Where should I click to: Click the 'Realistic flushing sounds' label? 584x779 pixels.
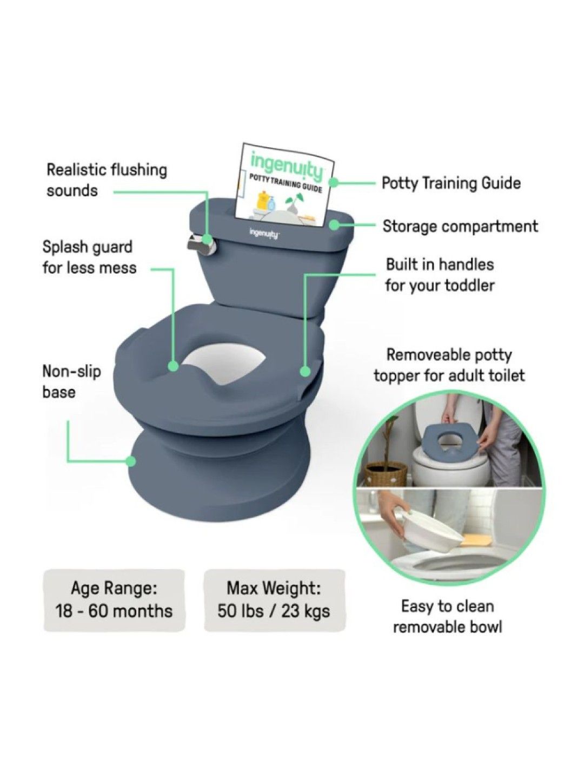click(x=107, y=180)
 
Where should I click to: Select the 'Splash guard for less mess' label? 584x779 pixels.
click(x=89, y=258)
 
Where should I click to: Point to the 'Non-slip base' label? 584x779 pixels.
click(x=71, y=382)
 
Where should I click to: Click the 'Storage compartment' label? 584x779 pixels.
click(x=460, y=226)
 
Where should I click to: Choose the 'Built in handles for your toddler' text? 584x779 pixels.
click(x=440, y=275)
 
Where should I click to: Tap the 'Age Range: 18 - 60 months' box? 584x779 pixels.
click(x=114, y=600)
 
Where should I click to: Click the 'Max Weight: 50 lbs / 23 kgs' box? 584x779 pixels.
click(x=274, y=600)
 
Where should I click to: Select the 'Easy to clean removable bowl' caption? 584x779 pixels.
click(x=447, y=616)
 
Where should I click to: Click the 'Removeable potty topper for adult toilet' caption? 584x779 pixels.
click(x=449, y=365)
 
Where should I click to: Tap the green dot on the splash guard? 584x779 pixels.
click(x=173, y=366)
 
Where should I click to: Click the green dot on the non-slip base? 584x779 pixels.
click(x=130, y=461)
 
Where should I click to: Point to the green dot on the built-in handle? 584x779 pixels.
click(x=305, y=372)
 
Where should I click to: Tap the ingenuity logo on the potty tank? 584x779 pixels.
click(x=264, y=234)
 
